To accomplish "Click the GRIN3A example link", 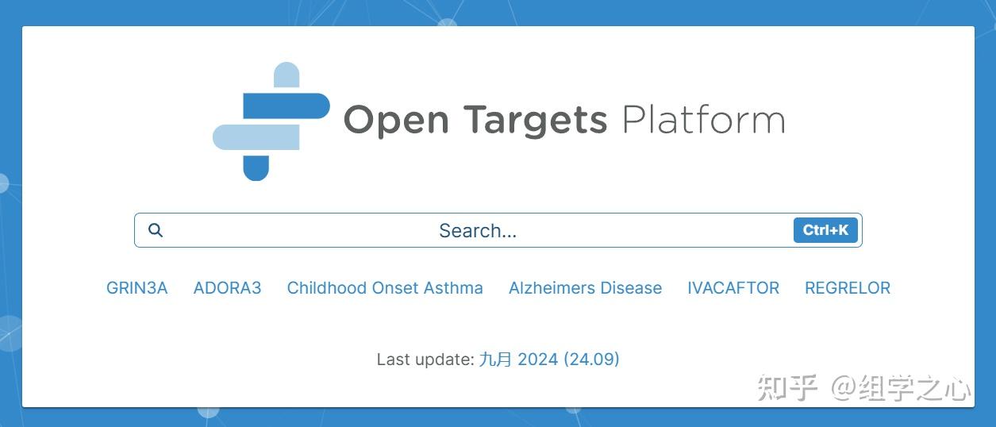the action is pyautogui.click(x=137, y=288).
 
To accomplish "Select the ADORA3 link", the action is pyautogui.click(x=227, y=288).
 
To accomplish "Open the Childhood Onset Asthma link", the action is pyautogui.click(x=385, y=288).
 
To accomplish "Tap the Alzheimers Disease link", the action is pyautogui.click(x=585, y=288).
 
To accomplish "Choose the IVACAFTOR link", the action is pyautogui.click(x=733, y=288).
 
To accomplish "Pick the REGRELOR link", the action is pyautogui.click(x=848, y=288).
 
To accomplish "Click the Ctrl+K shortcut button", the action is pyautogui.click(x=825, y=230).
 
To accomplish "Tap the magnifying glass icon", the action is pyautogui.click(x=156, y=230).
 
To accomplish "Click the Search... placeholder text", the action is pyautogui.click(x=478, y=230).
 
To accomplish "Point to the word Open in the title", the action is pyautogui.click(x=396, y=120).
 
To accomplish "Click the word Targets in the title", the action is pyautogui.click(x=536, y=120).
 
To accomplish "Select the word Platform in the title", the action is pyautogui.click(x=704, y=119).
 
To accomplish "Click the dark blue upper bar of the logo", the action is pyautogui.click(x=286, y=106).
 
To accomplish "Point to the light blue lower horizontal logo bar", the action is pyautogui.click(x=256, y=137).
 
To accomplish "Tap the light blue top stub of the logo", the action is pyautogui.click(x=286, y=75).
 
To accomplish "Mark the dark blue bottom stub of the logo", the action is pyautogui.click(x=256, y=168).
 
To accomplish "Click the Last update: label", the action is pyautogui.click(x=425, y=360).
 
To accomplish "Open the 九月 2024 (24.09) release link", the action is pyautogui.click(x=549, y=360).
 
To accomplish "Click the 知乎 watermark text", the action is pyautogui.click(x=787, y=388).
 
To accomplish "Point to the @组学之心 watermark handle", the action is pyautogui.click(x=901, y=388).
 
